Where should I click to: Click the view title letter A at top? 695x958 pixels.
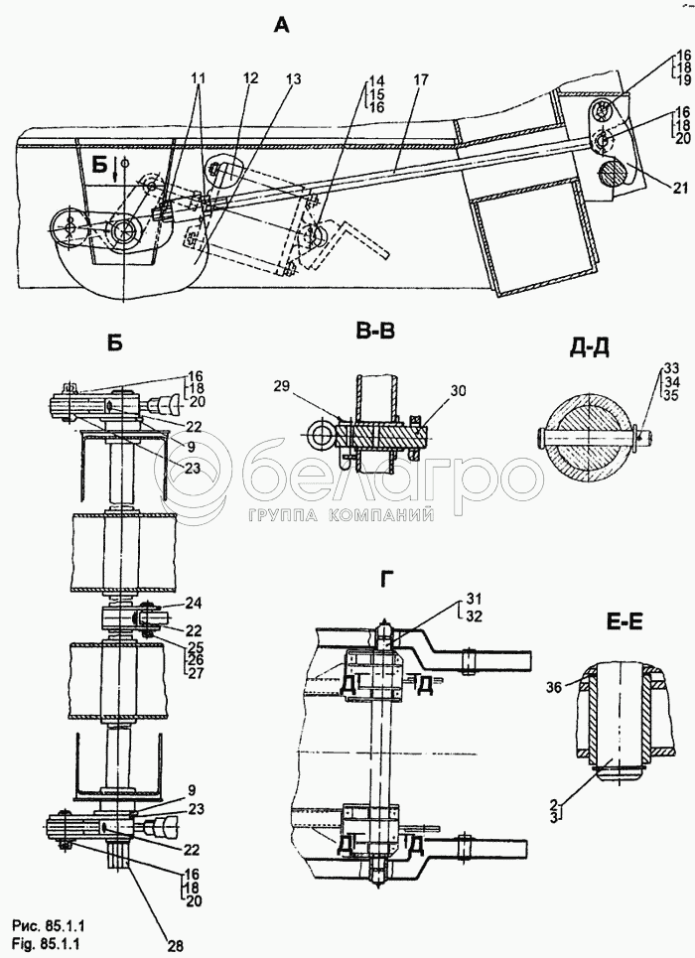tap(281, 25)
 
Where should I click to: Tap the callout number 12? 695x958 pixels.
tap(250, 78)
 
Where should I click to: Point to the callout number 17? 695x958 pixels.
tap(421, 80)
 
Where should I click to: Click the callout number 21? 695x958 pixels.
tap(681, 189)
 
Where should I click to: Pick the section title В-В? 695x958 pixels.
tap(374, 332)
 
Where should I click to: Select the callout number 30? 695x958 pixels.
tap(456, 391)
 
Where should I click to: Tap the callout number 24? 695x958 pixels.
tap(196, 604)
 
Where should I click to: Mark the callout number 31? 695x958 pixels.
tap(474, 597)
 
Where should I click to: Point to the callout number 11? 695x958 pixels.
tap(198, 78)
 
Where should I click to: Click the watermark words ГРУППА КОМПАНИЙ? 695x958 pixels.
tap(343, 516)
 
